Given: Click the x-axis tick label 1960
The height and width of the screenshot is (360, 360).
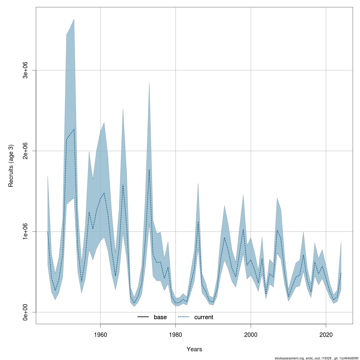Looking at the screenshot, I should click(x=100, y=334).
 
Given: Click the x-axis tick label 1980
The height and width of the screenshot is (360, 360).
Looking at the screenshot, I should click(x=175, y=334).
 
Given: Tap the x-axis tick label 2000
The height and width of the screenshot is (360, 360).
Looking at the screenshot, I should click(x=251, y=334).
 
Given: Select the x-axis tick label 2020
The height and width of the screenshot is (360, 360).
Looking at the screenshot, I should click(x=326, y=334).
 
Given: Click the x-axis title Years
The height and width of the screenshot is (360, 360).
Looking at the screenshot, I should click(x=194, y=349).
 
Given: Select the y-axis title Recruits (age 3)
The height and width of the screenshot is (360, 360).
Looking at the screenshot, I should click(x=11, y=166).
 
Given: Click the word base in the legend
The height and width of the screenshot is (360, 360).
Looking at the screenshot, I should click(x=160, y=317).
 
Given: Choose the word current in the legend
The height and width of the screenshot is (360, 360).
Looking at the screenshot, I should click(x=204, y=317).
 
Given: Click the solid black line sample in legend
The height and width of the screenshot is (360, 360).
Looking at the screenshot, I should click(x=143, y=317).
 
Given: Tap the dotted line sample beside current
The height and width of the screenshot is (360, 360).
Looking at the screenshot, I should click(x=184, y=317).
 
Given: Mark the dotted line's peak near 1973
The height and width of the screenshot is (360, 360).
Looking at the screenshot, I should click(x=149, y=169).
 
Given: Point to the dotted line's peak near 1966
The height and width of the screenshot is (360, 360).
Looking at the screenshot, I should click(x=123, y=185).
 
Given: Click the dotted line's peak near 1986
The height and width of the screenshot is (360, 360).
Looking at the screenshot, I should click(x=198, y=222).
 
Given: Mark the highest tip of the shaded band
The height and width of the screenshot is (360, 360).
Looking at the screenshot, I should click(x=74, y=19).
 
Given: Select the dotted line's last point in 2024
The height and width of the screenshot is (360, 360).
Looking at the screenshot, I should click(x=341, y=272).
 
